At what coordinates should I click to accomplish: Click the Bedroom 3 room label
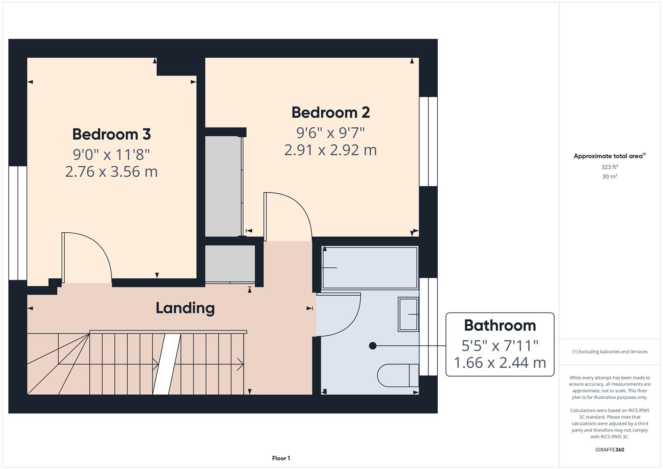point(111,134)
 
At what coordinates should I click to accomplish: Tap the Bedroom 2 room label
point(330,112)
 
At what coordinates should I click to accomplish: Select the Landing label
point(185,308)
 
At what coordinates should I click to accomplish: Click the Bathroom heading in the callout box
point(500,325)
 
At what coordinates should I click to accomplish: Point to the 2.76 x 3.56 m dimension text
point(111,172)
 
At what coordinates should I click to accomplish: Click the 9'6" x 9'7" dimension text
point(330,132)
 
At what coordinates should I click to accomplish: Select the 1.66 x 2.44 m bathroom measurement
point(500,362)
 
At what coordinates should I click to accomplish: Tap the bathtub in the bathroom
point(369,268)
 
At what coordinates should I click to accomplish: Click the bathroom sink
point(408,314)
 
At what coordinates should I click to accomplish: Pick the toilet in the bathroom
point(397,375)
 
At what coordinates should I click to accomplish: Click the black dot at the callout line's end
point(373,346)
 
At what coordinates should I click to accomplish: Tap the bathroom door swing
point(339,314)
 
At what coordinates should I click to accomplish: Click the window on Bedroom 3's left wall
point(18,223)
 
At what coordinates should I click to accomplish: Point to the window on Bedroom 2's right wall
point(428,142)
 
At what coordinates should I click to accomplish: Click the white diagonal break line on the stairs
point(167,364)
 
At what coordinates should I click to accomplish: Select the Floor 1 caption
point(281,458)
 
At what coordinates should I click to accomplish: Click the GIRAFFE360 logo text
point(610,449)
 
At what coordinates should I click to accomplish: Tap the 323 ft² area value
point(610,167)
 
